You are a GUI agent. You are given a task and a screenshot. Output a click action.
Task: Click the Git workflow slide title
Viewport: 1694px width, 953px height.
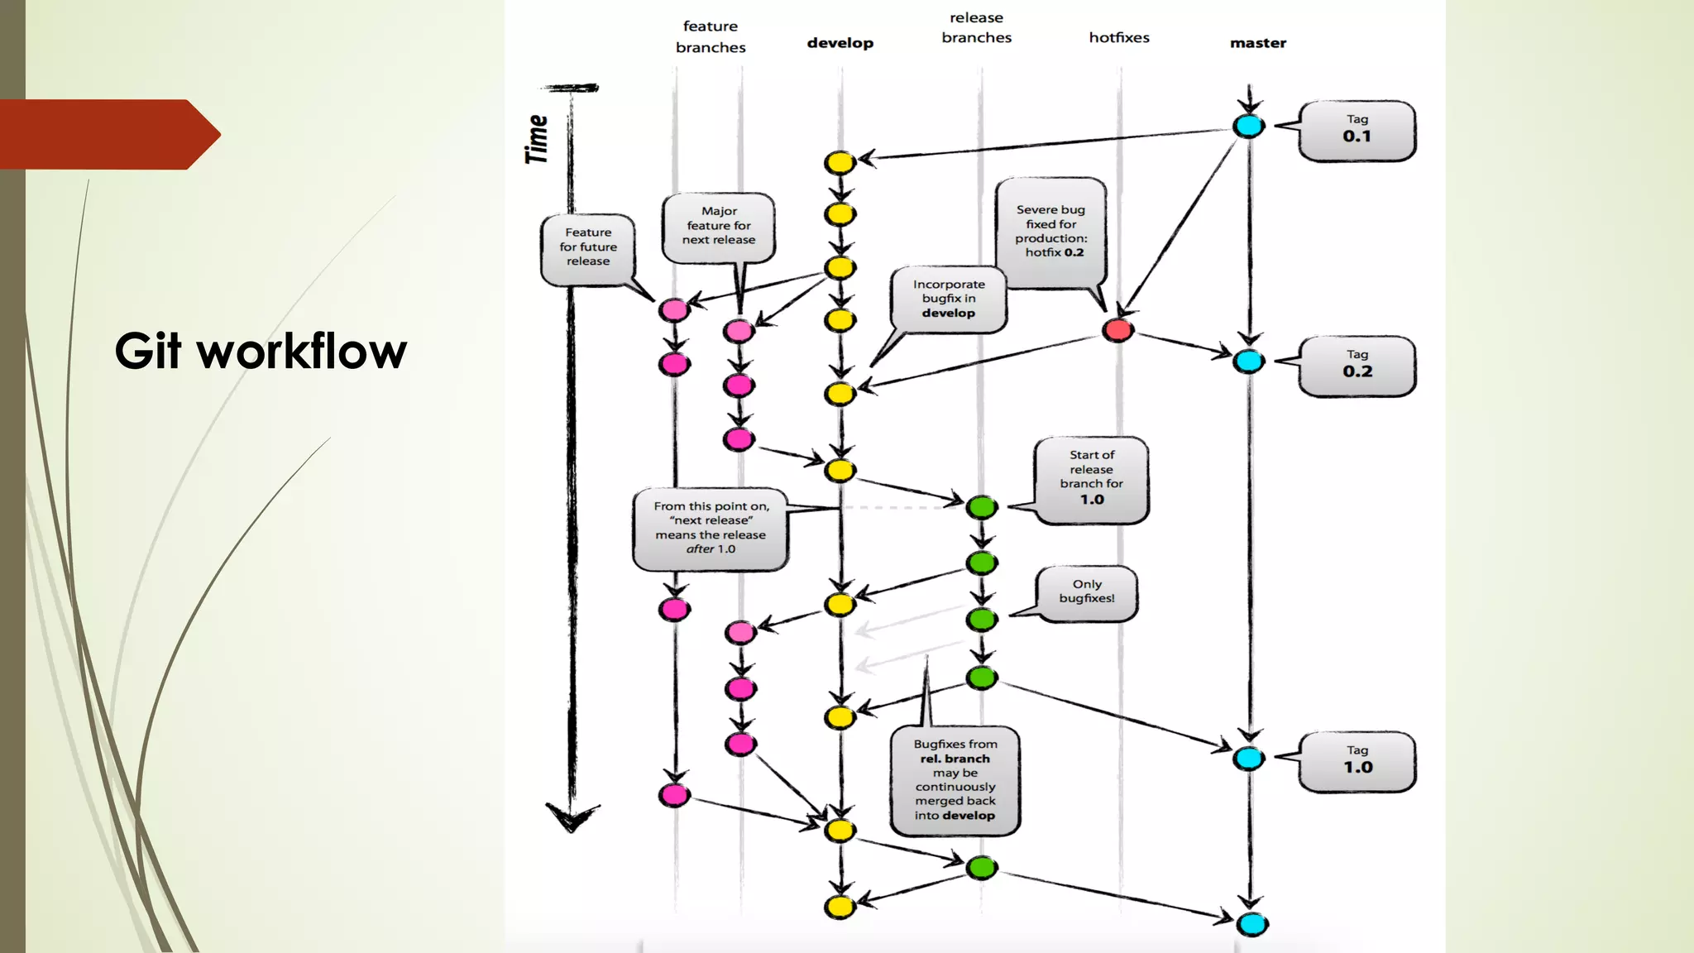pos(261,351)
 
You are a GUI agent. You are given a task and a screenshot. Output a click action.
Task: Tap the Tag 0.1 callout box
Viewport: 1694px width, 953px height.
pos(1357,131)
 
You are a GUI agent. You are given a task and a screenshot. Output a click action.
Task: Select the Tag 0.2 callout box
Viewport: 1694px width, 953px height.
pos(1357,366)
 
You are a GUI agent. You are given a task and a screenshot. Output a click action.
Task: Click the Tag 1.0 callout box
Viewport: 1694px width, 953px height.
pos(1357,761)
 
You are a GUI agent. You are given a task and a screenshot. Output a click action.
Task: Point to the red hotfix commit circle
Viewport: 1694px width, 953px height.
pos(1117,331)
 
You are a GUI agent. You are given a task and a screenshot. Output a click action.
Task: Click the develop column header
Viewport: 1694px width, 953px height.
pos(840,43)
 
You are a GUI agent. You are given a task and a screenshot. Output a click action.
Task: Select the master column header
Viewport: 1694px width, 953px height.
pos(1257,43)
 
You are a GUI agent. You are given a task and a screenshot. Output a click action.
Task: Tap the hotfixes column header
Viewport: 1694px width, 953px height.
pos(1118,37)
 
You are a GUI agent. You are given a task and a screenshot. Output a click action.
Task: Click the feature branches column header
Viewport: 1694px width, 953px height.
pos(711,37)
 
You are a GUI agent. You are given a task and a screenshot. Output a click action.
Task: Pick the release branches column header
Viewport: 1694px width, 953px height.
pos(976,27)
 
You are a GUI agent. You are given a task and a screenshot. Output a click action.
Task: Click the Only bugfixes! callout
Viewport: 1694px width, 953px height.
pos(1087,591)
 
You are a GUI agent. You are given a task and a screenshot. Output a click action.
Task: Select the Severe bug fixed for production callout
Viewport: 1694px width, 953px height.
pos(1050,232)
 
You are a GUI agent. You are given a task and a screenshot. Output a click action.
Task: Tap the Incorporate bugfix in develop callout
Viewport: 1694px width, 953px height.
pos(949,299)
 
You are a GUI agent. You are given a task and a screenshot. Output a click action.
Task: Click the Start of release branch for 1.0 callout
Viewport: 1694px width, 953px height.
pos(1091,478)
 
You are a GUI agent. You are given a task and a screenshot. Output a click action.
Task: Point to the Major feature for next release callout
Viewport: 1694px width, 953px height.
pos(719,226)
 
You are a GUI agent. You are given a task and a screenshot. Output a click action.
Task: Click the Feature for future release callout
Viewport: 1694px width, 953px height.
pos(588,247)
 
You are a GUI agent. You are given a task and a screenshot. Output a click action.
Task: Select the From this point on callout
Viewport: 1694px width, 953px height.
pos(711,528)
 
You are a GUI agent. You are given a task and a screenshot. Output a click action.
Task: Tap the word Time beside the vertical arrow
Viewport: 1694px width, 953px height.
pos(537,139)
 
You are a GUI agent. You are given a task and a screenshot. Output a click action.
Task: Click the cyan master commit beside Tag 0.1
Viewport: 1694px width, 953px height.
pos(1248,127)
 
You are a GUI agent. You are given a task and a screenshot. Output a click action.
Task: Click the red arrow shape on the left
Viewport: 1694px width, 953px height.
pos(108,134)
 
